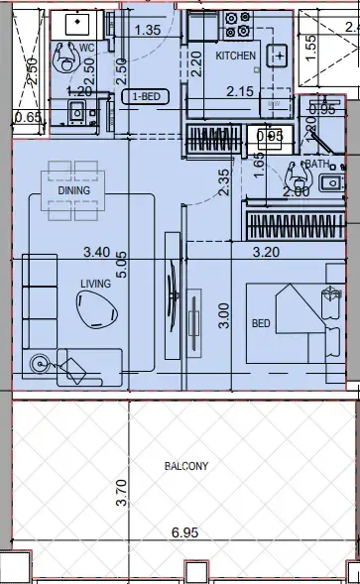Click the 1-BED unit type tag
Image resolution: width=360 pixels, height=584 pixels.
146,97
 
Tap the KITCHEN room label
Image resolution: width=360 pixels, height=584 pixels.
236,56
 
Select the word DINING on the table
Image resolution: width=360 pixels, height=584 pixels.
73,190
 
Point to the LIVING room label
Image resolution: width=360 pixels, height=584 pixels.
96,284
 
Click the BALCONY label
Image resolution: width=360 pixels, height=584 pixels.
186,466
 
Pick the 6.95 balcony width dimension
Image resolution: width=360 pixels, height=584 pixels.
184,532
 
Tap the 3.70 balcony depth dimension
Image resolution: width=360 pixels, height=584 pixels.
122,493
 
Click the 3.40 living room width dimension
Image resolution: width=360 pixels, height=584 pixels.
97,252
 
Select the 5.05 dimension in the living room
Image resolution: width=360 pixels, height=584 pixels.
122,265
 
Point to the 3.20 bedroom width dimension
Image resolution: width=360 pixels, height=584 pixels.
266,252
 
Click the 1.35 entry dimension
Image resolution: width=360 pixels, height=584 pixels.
148,30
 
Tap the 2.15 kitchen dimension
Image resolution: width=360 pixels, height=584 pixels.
240,91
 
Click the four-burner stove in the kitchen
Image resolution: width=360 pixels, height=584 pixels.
238,25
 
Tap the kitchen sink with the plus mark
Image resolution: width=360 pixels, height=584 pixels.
278,56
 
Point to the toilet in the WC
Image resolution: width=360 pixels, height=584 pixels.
67,58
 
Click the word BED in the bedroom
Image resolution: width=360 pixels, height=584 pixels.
261,323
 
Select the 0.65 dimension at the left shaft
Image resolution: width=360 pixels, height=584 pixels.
28,117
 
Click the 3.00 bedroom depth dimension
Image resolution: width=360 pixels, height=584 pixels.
223,315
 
